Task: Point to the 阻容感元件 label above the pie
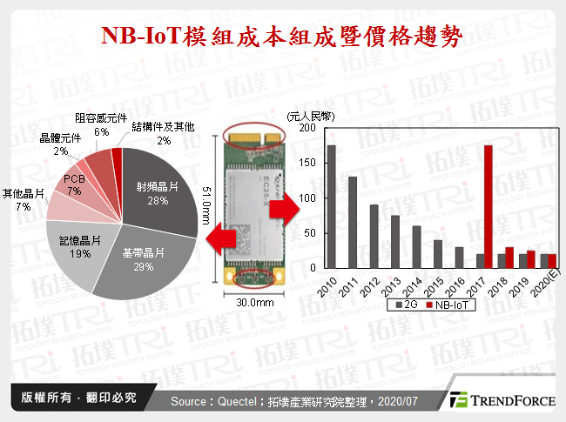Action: [101, 120]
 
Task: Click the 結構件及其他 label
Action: [163, 127]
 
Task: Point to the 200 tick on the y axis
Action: [307, 128]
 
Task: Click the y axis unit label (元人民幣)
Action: [312, 114]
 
